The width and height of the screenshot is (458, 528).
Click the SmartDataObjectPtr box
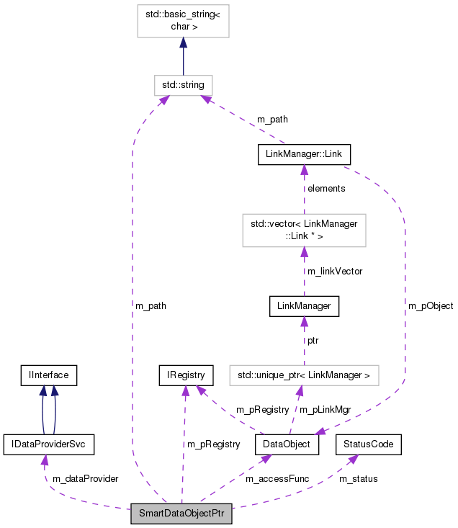click(x=181, y=514)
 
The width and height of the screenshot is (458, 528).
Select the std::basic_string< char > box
click(x=183, y=22)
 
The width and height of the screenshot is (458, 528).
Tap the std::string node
click(x=183, y=85)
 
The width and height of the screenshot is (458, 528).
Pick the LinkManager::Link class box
click(x=304, y=154)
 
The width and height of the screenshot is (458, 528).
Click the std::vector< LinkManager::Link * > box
click(x=304, y=230)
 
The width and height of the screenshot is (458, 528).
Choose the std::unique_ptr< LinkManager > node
click(x=304, y=375)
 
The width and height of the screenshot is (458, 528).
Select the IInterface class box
click(x=48, y=375)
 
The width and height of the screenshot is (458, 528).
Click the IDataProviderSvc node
click(x=49, y=444)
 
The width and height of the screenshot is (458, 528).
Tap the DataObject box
click(x=287, y=444)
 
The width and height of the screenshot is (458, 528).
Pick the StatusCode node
click(x=369, y=444)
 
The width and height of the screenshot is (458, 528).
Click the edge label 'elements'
click(x=325, y=189)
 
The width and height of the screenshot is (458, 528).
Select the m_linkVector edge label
click(x=334, y=272)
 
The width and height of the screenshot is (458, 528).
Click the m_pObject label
click(x=431, y=306)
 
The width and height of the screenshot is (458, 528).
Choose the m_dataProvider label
click(x=85, y=478)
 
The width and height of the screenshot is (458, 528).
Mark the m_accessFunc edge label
click(x=275, y=478)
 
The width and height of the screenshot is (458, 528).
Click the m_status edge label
click(x=358, y=478)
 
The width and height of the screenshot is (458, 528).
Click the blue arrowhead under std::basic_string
click(x=183, y=45)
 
